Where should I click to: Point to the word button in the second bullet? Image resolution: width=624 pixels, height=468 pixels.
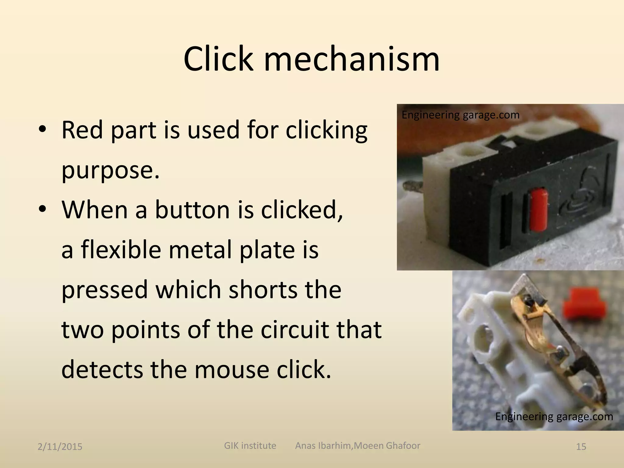192,210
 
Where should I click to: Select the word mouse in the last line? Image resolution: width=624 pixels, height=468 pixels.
232,370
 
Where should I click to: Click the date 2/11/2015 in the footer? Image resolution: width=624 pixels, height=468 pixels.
60,447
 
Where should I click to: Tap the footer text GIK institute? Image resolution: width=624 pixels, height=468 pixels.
250,445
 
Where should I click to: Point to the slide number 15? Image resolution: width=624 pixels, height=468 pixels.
581,447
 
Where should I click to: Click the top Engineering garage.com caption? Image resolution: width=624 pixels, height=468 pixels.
460,115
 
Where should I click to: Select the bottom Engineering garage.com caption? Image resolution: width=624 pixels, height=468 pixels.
554,416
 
